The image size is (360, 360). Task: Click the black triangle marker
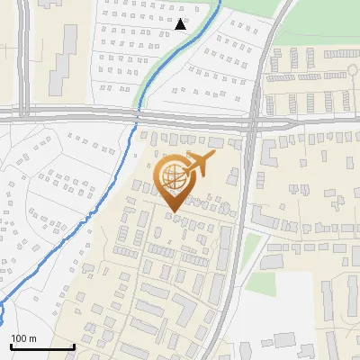tap(182, 24)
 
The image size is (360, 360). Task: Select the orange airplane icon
tap(199, 165)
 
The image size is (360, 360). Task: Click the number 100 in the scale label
tap(19, 338)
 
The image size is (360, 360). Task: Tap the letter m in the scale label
tap(32, 338)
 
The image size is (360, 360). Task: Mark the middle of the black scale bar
tap(42, 346)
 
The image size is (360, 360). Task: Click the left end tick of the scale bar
tap(11, 346)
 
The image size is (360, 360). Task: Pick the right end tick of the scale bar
tap(74, 346)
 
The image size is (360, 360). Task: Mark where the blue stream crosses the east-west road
tap(138, 116)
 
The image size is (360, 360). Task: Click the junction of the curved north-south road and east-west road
tap(253, 120)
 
